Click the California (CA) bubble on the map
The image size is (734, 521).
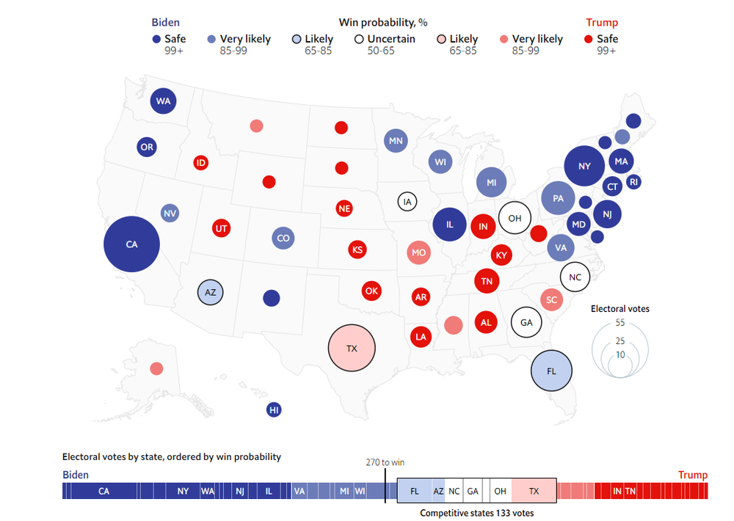[131, 244]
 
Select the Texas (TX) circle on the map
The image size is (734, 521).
[352, 349]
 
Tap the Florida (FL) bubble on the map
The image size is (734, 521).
[552, 371]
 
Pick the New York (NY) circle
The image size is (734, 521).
[584, 167]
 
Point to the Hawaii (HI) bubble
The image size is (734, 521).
[274, 410]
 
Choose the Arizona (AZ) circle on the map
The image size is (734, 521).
[211, 292]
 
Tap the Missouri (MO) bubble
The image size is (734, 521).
[418, 252]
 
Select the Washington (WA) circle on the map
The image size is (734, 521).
[163, 101]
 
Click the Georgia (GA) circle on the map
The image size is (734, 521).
[526, 322]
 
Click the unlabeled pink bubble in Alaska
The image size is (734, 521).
[156, 368]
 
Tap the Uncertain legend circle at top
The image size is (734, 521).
[359, 40]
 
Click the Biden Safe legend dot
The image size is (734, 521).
[156, 40]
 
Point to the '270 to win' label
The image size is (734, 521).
[385, 462]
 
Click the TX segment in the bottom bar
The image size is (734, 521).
[534, 491]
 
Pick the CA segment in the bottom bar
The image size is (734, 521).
[103, 491]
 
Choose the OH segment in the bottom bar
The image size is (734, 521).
[500, 491]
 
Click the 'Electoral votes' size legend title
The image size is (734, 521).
[620, 309]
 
